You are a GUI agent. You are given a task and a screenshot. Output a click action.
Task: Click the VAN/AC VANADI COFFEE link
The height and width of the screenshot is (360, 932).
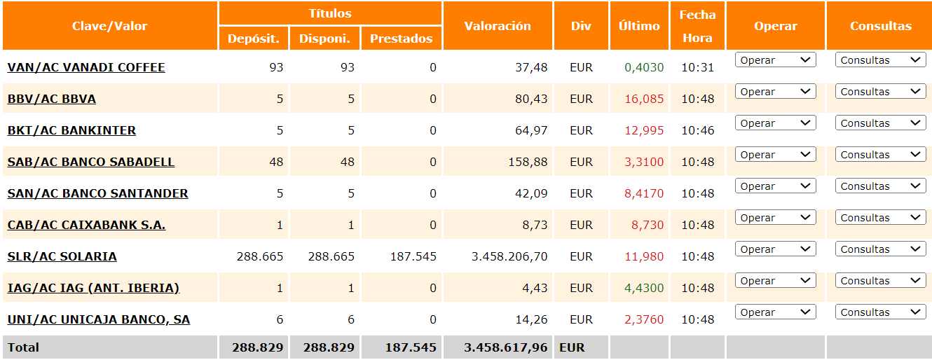tap(86, 67)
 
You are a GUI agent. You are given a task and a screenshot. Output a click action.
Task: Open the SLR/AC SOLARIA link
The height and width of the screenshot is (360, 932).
tap(62, 256)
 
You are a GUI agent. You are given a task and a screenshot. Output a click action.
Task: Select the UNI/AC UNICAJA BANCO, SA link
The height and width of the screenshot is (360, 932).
tap(99, 319)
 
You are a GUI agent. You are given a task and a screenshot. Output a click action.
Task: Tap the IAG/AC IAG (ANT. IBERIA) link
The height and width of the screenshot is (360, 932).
tap(93, 288)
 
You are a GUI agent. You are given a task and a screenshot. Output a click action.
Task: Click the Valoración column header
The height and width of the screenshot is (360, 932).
tap(498, 26)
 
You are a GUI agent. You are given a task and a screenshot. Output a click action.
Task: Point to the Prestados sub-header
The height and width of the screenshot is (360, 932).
tap(401, 39)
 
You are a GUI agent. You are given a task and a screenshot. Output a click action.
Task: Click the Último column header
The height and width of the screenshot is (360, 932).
tap(639, 26)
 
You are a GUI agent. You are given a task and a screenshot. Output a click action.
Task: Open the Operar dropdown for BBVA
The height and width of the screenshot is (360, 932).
tap(776, 92)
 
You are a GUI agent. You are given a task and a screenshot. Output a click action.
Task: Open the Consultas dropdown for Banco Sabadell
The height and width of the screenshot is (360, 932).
tap(880, 155)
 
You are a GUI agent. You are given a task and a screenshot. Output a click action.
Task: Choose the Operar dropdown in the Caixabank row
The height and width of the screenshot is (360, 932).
tap(776, 218)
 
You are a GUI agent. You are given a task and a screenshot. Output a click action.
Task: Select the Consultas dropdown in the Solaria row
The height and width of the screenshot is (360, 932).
tap(880, 249)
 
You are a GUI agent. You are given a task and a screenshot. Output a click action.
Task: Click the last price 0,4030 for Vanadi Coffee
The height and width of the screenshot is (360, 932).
tap(644, 67)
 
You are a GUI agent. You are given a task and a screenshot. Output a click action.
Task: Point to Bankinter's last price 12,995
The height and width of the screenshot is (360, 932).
tap(644, 130)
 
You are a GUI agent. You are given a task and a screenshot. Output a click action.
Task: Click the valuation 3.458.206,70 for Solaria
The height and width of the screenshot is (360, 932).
tap(509, 256)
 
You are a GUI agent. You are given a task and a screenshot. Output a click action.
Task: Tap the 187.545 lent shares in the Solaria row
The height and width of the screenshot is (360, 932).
tap(413, 256)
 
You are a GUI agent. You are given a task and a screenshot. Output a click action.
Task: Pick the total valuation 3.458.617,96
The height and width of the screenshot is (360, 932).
tap(505, 347)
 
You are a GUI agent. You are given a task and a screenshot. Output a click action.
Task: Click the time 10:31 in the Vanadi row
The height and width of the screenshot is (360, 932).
tap(698, 67)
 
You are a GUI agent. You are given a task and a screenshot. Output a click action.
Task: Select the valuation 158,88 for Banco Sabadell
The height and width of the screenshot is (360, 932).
tap(528, 162)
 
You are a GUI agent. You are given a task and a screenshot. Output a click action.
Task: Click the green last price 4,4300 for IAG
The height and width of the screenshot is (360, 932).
tap(644, 288)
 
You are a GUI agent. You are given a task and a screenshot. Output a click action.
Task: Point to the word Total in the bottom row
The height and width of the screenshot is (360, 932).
tap(23, 347)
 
